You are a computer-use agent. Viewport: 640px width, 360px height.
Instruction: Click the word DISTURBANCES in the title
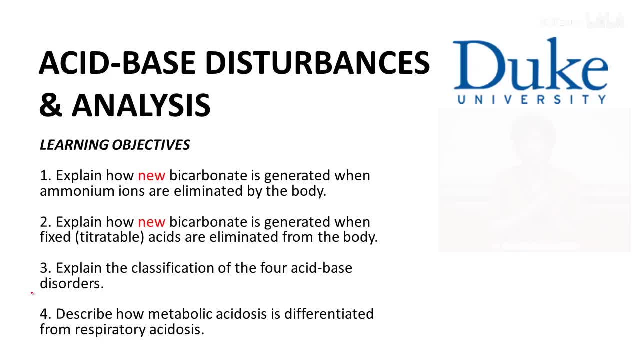point(317,63)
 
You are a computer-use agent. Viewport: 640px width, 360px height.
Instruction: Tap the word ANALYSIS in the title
point(141,105)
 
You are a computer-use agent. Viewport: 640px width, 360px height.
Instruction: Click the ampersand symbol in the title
point(51,105)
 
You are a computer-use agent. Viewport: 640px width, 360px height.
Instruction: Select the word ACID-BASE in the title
point(117,63)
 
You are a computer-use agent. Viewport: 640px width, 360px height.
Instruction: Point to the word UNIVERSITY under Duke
point(532,99)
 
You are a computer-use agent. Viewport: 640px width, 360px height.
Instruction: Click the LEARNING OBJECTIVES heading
point(115,145)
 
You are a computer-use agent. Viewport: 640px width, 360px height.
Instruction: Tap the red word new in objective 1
point(151,176)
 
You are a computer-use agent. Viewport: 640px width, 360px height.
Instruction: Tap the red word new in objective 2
point(151,222)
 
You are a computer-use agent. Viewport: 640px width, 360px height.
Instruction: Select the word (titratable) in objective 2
point(110,237)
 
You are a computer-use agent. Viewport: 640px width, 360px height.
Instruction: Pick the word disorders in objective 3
point(71,283)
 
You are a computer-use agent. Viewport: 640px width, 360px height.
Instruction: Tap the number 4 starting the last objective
point(45,314)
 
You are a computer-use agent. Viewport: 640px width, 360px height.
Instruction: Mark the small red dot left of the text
point(32,293)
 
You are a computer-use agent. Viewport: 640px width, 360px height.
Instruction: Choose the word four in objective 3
point(272,268)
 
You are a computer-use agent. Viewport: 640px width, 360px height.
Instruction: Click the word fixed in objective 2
point(55,237)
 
